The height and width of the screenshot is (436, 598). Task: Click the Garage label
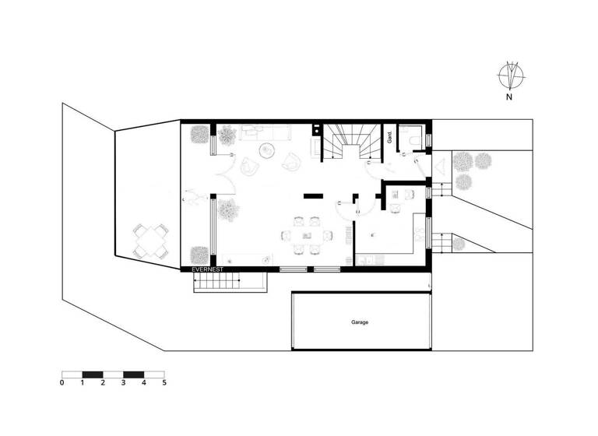pos(359,322)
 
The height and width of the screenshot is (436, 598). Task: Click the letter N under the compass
pos(508,98)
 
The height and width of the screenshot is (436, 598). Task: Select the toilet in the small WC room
pos(419,138)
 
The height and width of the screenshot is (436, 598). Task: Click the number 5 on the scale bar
pos(164,382)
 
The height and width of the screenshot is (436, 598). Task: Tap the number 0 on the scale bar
pos(62,382)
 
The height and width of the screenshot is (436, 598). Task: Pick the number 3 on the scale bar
pos(123,382)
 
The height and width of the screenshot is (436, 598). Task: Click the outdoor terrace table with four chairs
pos(151,241)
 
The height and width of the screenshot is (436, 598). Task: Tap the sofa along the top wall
pos(265,132)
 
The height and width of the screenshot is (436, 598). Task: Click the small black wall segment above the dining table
pos(315,196)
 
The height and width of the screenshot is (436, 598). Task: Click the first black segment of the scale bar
pos(93,374)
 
